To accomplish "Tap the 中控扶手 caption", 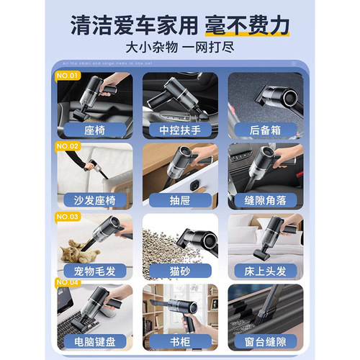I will coord(179,130).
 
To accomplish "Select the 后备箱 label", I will coord(265,130).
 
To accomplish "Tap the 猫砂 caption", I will coord(179,272).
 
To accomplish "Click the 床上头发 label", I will coord(265,272).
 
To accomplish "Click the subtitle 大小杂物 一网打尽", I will coord(180,50).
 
